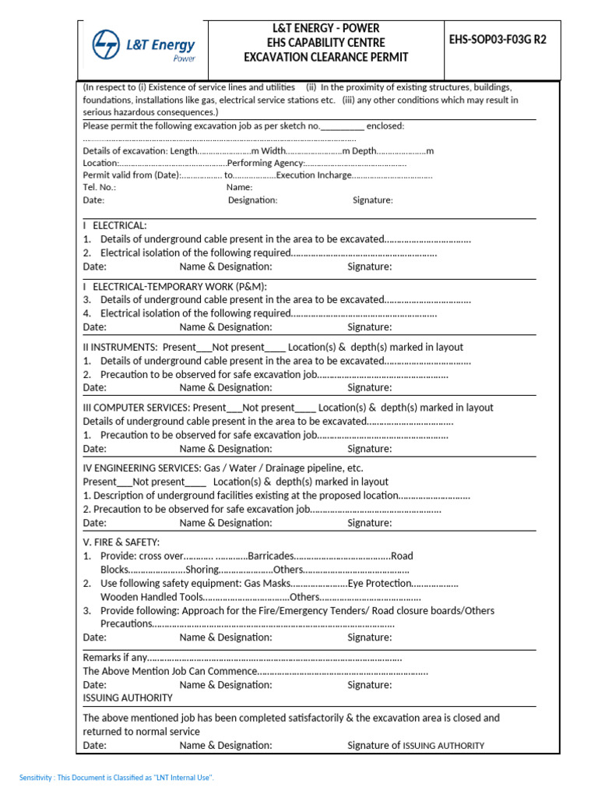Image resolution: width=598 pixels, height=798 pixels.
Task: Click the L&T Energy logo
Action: pyautogui.click(x=144, y=46)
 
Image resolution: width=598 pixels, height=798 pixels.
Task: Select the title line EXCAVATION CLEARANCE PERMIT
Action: pyautogui.click(x=325, y=57)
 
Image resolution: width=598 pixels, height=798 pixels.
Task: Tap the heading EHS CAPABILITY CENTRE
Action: pyautogui.click(x=325, y=43)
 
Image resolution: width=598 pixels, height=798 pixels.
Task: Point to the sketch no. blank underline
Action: pyautogui.click(x=342, y=126)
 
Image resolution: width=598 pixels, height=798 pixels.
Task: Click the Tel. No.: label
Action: pyautogui.click(x=100, y=187)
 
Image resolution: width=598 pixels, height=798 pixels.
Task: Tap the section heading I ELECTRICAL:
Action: pyautogui.click(x=114, y=225)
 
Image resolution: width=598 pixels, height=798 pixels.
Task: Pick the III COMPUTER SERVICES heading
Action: pyautogui.click(x=135, y=408)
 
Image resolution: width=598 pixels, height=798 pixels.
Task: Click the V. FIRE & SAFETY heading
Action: pyautogui.click(x=121, y=542)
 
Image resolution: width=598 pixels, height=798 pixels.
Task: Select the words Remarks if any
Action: pyautogui.click(x=114, y=658)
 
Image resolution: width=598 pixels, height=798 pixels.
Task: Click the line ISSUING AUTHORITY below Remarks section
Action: pyautogui.click(x=128, y=698)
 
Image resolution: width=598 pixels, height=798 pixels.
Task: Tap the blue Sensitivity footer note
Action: pyautogui.click(x=117, y=778)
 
